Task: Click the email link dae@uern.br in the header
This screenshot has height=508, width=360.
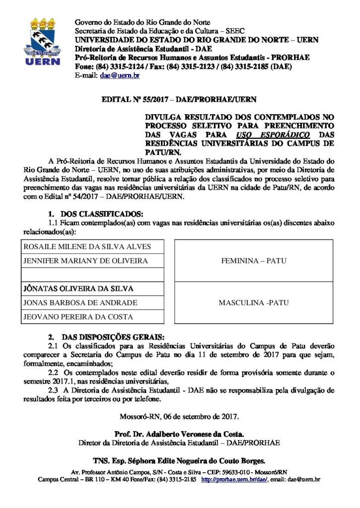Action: [119, 75]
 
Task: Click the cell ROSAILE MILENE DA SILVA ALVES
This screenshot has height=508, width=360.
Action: [87, 247]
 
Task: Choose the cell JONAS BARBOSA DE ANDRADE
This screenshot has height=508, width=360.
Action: [80, 303]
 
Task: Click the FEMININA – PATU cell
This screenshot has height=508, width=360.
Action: [254, 260]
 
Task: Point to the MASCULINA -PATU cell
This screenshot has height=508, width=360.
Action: [254, 303]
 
